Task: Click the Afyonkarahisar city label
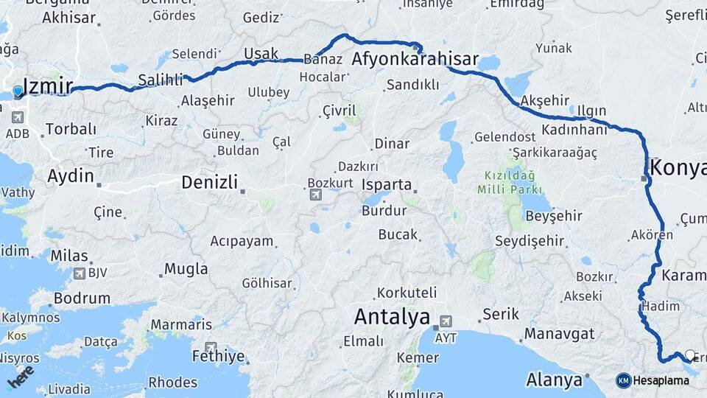pos(415,60)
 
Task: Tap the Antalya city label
pos(392,318)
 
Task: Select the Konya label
pos(678,167)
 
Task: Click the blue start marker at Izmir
pos(18,91)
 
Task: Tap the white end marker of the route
pos(689,355)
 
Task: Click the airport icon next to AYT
pos(445,322)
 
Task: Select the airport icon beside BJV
pos(79,273)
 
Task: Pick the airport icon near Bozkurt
pos(316,195)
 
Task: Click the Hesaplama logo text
pos(661,380)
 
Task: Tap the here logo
pos(21,376)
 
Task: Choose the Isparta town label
pos(386,184)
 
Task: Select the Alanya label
pos(555,380)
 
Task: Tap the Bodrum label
pos(82,298)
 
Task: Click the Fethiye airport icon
pos(211,347)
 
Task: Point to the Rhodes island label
pos(172,383)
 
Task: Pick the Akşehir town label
pos(546,100)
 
